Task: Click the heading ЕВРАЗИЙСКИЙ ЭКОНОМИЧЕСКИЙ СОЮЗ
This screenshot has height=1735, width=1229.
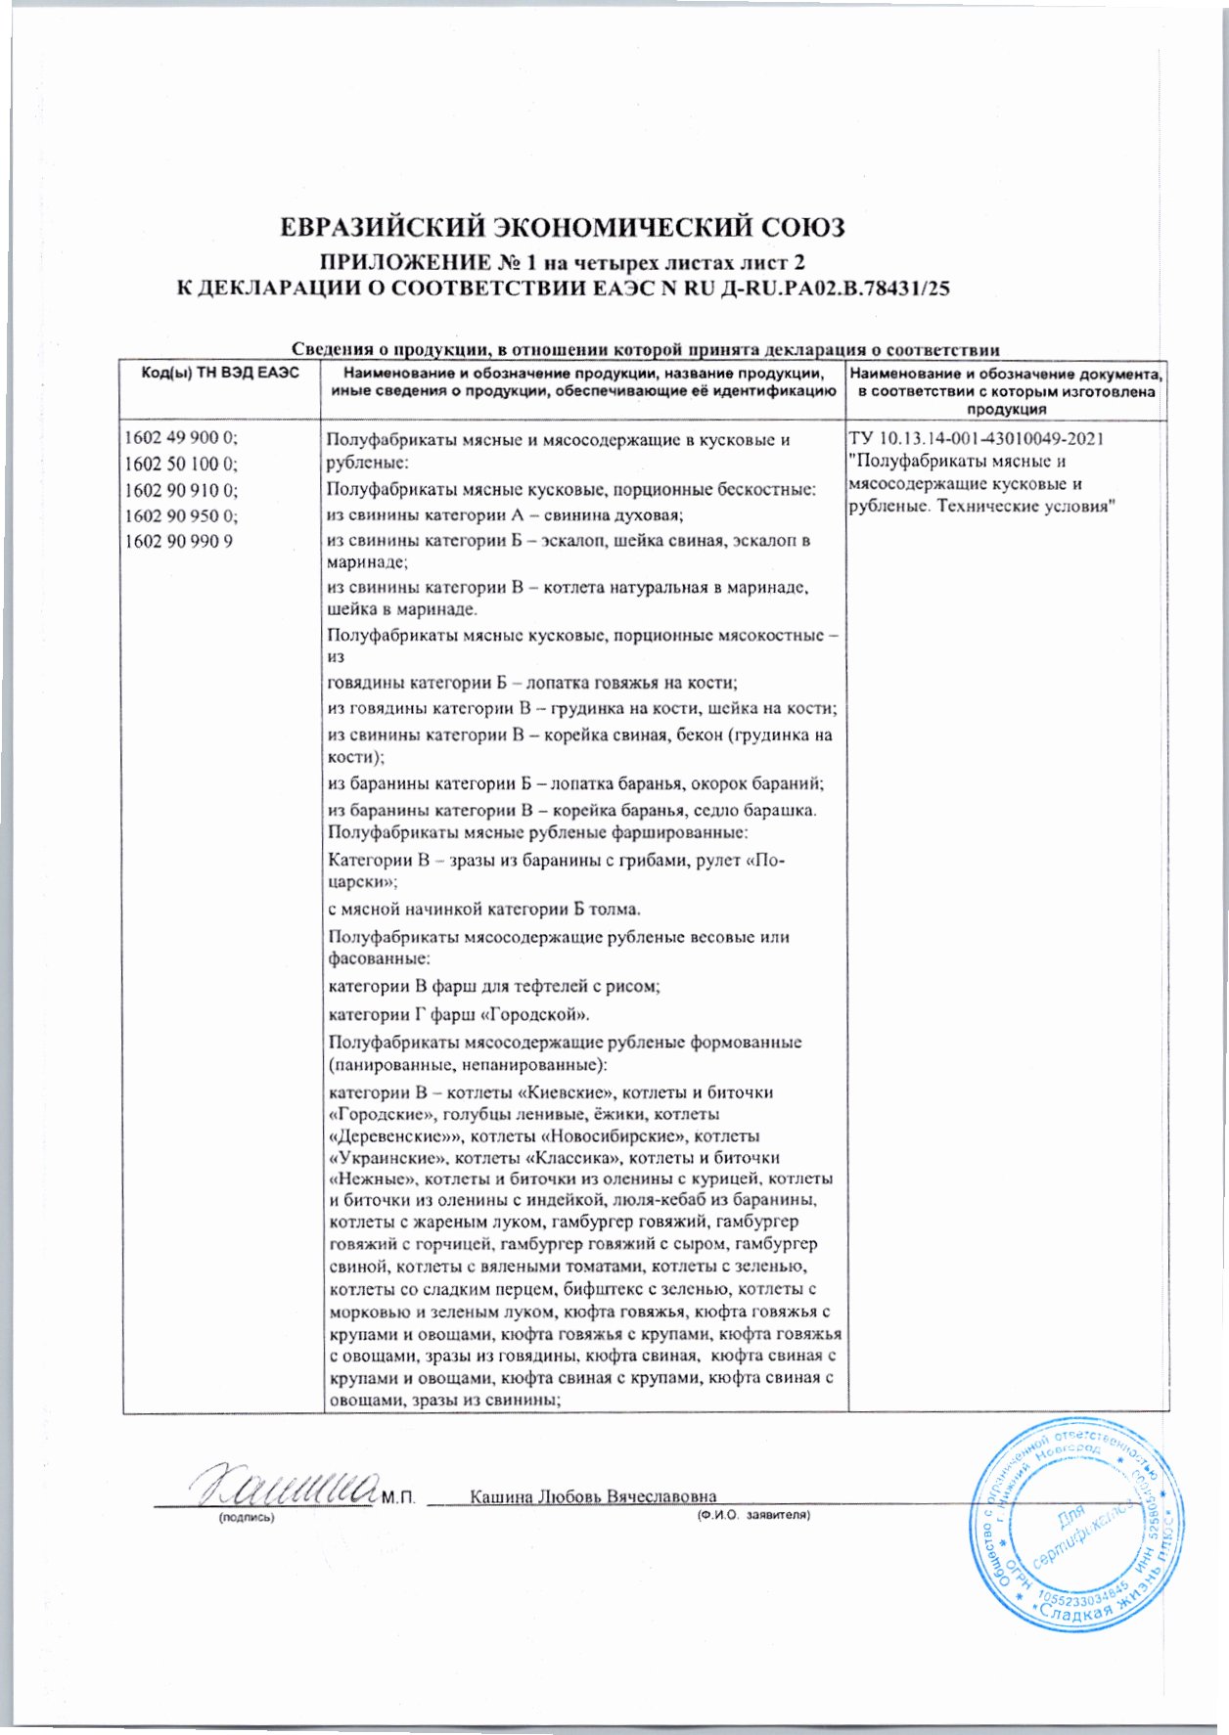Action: click(x=562, y=228)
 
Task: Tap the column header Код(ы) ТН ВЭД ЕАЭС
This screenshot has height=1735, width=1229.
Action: click(x=220, y=375)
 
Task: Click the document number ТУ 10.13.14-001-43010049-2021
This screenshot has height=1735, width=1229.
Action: click(x=978, y=438)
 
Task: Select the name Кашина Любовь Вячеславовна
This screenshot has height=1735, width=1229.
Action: click(x=593, y=1497)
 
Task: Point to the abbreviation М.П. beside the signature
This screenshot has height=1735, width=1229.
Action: click(x=398, y=1498)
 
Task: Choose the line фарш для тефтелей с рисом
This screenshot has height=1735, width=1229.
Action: click(x=547, y=987)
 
